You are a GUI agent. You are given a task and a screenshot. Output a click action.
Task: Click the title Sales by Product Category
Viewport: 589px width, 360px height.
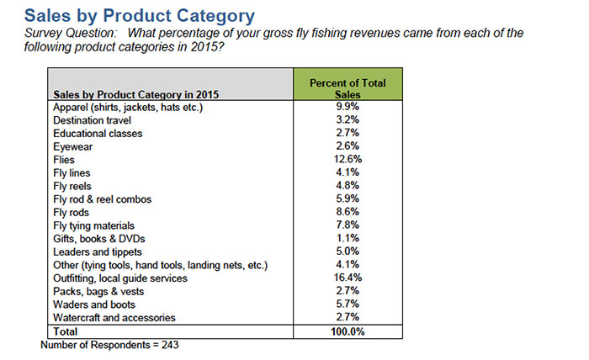pyautogui.click(x=140, y=15)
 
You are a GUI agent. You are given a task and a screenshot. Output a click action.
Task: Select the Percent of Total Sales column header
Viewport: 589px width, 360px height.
pyautogui.click(x=348, y=88)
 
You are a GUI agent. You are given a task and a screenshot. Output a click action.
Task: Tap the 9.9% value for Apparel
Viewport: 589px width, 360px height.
pyautogui.click(x=348, y=107)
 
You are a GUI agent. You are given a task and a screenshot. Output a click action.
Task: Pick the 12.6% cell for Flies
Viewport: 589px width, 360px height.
pyautogui.click(x=348, y=159)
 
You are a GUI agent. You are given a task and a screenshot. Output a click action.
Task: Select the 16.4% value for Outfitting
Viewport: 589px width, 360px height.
pyautogui.click(x=348, y=278)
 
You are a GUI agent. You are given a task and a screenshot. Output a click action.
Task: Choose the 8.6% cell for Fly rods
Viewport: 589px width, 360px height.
pyautogui.click(x=348, y=212)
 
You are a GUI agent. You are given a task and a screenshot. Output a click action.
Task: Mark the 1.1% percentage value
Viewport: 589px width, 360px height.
pyautogui.click(x=348, y=238)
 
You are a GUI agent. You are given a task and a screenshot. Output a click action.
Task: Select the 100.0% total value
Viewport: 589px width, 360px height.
pyautogui.click(x=348, y=331)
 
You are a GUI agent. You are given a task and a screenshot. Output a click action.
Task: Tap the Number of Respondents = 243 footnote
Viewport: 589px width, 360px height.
pyautogui.click(x=109, y=345)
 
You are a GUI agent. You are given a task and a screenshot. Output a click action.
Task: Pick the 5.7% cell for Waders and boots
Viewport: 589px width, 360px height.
pyautogui.click(x=348, y=304)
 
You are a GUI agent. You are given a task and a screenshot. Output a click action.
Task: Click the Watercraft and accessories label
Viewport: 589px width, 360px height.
pyautogui.click(x=114, y=317)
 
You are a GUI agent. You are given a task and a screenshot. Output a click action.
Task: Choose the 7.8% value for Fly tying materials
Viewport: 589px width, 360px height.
pyautogui.click(x=348, y=225)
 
